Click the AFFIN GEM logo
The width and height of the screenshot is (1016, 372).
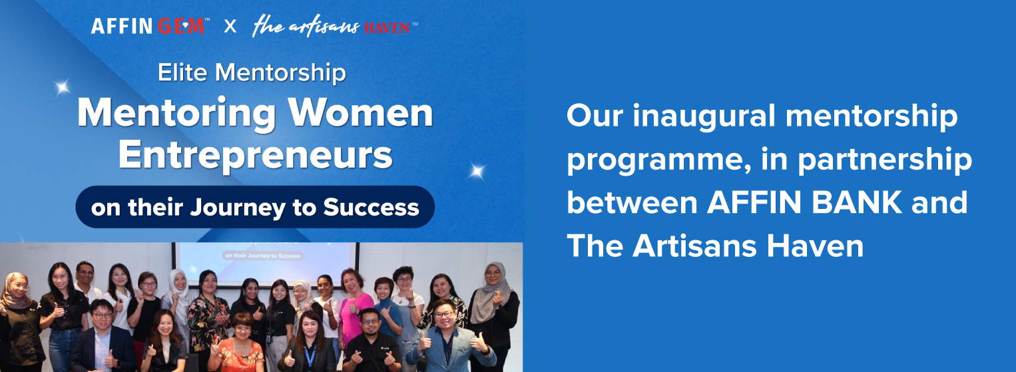coord(150,26)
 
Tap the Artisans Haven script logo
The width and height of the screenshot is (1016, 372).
coord(335,26)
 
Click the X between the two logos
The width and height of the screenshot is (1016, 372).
coord(230,26)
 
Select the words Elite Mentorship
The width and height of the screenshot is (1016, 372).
coord(252,73)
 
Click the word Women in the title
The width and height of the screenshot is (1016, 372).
coord(361,112)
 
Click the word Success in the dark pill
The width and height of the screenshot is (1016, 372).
coord(371,207)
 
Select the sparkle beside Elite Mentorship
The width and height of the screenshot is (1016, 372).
coord(62,87)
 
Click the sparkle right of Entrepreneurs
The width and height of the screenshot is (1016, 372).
coord(477,171)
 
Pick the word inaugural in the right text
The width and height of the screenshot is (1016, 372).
coord(704,116)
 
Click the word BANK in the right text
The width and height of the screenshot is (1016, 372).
coord(856,202)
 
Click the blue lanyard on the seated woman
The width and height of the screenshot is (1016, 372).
coord(310,355)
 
